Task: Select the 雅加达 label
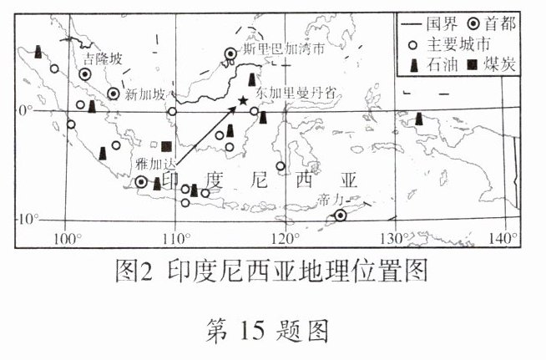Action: pyautogui.click(x=152, y=167)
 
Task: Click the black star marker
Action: pyautogui.click(x=242, y=101)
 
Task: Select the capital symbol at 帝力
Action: pyautogui.click(x=341, y=215)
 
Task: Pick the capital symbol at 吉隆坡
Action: pyautogui.click(x=84, y=74)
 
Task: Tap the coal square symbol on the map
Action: pyautogui.click(x=167, y=146)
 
